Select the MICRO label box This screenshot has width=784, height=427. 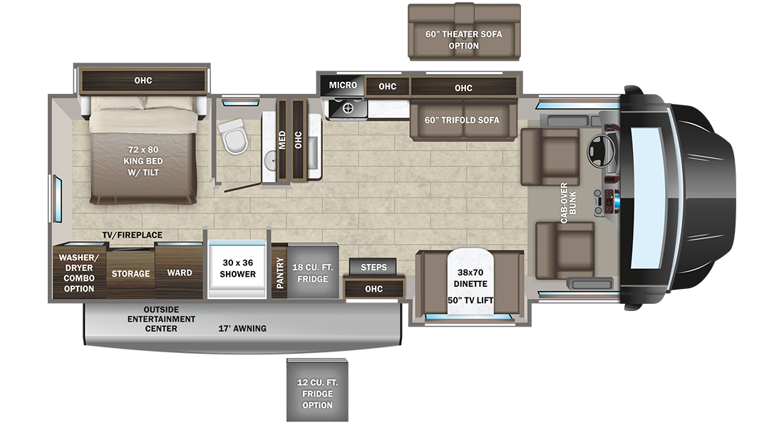click(343, 85)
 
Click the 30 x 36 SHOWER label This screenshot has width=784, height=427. click(237, 268)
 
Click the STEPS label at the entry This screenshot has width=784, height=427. click(373, 267)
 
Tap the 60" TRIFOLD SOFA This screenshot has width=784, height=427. click(463, 120)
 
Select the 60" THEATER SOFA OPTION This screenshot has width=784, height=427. click(464, 31)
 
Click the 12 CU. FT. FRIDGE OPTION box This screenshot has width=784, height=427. click(317, 390)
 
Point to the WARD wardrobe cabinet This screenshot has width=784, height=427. click(179, 272)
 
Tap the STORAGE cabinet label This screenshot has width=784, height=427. click(130, 274)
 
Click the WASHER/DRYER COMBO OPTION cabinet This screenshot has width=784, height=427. click(79, 272)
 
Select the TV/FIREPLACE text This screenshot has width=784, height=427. click(133, 235)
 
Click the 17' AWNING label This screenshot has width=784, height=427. click(242, 329)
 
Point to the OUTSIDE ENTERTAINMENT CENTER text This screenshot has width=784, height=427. click(161, 319)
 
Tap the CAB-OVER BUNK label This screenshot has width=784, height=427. click(568, 203)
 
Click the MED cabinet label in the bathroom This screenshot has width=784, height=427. click(282, 139)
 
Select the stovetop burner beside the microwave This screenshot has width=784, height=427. click(347, 107)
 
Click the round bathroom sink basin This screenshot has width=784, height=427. click(270, 160)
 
